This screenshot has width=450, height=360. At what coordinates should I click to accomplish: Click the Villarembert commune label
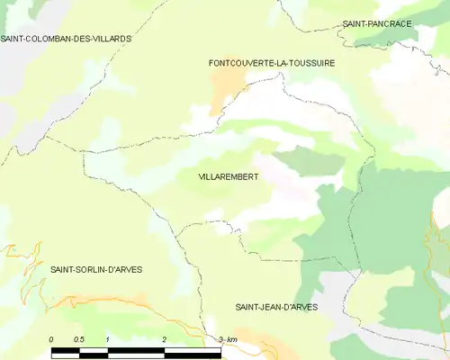228,177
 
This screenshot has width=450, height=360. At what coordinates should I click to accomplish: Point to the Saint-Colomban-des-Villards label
66,40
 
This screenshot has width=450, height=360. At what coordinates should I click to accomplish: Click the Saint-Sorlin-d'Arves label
96,269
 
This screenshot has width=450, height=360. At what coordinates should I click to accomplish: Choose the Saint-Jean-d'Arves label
276,307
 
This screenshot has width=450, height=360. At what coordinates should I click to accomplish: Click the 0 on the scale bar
52,338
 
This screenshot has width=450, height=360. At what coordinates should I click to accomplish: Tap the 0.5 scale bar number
79,338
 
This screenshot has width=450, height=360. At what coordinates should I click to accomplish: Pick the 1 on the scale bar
108,338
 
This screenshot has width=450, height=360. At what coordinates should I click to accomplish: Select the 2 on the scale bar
165,338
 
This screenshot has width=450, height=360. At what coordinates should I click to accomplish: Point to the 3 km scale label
228,338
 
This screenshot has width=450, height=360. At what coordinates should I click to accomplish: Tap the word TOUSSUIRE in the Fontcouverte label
309,63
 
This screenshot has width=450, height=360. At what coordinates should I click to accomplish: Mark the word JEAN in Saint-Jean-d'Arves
277,307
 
